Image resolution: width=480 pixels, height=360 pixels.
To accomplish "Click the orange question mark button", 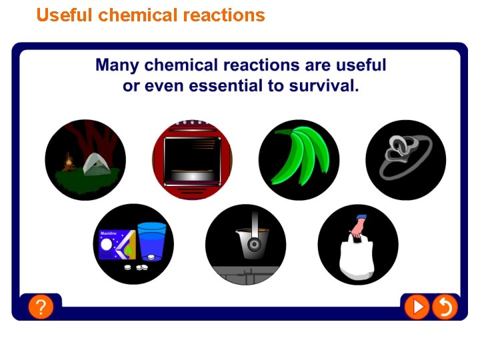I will click(x=41, y=307).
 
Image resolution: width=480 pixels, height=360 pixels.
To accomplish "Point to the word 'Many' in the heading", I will click(x=117, y=65).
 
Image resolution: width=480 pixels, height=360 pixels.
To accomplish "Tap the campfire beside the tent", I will click(x=67, y=161).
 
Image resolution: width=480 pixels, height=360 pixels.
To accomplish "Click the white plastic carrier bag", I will click(x=357, y=259).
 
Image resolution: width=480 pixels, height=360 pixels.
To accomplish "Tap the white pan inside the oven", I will click(x=193, y=175).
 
